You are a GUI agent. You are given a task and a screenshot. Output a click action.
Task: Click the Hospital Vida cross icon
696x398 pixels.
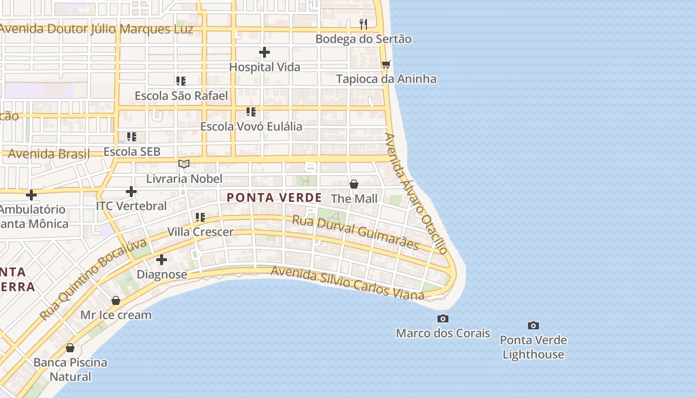tap(264, 52)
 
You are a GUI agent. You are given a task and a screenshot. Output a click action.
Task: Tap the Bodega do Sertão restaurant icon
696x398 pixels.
tap(363, 24)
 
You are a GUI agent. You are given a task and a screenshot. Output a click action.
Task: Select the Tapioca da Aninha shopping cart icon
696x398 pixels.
tap(386, 64)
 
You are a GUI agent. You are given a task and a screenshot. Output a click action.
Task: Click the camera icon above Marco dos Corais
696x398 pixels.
tap(442, 318)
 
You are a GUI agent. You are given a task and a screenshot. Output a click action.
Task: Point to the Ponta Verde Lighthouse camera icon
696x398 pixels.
tap(533, 326)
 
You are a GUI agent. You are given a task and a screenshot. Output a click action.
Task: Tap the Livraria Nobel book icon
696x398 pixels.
tap(184, 164)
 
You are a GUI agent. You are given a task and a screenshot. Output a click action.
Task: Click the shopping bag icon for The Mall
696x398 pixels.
tap(354, 184)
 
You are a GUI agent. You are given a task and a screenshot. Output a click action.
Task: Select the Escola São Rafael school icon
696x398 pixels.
tap(181, 81)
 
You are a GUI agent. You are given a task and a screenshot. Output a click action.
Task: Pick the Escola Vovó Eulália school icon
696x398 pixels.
tap(251, 112)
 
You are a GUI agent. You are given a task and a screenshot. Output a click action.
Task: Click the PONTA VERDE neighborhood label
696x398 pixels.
tap(274, 198)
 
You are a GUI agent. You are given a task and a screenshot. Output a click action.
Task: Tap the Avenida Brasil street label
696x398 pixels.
tap(49, 154)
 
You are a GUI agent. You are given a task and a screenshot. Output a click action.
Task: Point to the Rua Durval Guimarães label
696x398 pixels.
tap(355, 231)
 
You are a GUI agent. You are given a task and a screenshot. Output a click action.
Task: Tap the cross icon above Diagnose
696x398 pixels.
tap(162, 260)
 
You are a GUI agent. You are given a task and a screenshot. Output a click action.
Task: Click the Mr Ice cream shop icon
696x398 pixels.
tap(116, 300)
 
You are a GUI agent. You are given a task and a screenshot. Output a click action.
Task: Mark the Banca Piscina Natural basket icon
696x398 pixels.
tap(70, 348)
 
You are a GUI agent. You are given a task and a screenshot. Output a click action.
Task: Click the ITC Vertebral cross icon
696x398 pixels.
tap(131, 191)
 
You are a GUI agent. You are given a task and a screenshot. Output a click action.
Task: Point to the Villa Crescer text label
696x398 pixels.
tap(200, 232)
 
